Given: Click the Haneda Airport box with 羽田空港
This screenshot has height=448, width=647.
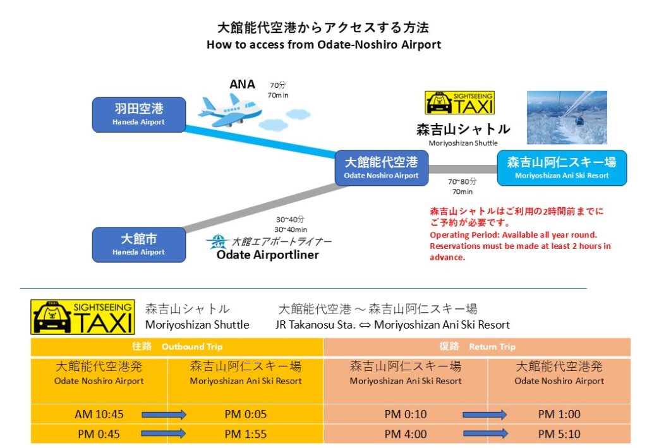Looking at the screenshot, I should (139, 114).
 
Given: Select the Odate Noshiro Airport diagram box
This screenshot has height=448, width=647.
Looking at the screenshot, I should (381, 167).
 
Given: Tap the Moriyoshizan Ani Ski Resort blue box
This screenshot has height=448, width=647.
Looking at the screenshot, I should (562, 167).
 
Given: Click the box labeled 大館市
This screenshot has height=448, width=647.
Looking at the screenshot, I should (139, 245).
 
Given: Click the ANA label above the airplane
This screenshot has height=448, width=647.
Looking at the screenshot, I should (242, 85).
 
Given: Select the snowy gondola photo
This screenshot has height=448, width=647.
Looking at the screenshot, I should (567, 118).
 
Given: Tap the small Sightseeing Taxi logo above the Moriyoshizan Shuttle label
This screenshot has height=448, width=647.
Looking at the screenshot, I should (459, 102).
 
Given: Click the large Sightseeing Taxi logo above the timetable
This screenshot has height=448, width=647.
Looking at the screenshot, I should (83, 317).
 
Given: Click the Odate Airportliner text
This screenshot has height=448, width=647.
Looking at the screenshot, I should (267, 255).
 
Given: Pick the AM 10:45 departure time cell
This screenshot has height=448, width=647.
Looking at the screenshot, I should (99, 415).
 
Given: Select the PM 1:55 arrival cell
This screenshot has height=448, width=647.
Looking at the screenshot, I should (245, 434).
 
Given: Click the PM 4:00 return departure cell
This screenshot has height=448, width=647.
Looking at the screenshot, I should (405, 434).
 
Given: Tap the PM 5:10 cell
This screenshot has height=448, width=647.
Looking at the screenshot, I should (559, 434).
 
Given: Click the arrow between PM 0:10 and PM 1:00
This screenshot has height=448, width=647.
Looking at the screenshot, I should (485, 415).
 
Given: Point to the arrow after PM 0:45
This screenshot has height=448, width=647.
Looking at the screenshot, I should (164, 434).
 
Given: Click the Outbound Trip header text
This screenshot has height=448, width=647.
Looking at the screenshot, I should (191, 347).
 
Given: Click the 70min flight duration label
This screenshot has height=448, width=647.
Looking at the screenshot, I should (278, 95).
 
